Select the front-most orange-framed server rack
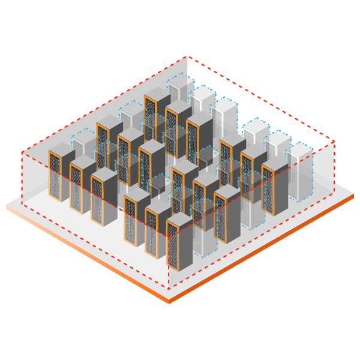point(179,243)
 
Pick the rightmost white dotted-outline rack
point(300,171)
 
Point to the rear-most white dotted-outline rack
point(181,90)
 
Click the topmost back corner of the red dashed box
point(187,56)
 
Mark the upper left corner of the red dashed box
point(22,152)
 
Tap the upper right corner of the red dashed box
point(334,142)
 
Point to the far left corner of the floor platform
point(7,205)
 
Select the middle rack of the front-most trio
point(158,231)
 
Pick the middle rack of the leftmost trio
point(83,186)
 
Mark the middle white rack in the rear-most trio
point(202,102)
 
